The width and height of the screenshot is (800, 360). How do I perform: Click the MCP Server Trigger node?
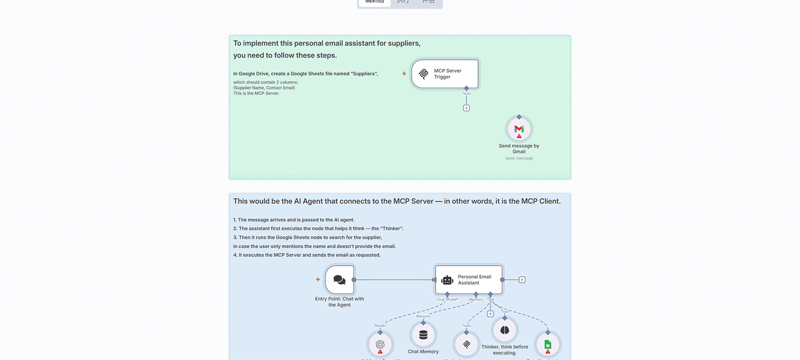pyautogui.click(x=445, y=74)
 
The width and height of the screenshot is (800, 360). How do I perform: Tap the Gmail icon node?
pyautogui.click(x=519, y=129)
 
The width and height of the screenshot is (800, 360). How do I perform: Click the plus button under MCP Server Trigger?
pyautogui.click(x=466, y=108)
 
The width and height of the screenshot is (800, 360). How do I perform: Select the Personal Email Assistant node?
pyautogui.click(x=469, y=280)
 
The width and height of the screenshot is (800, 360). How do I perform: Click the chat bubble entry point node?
pyautogui.click(x=340, y=280)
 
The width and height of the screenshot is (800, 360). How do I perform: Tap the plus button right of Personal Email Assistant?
pyautogui.click(x=522, y=280)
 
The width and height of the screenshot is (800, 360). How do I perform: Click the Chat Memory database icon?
pyautogui.click(x=423, y=335)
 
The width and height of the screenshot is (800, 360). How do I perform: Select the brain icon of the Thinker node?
pyautogui.click(x=505, y=330)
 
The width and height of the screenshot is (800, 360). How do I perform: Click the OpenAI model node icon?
pyautogui.click(x=380, y=344)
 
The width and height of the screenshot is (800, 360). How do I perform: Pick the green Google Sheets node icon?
pyautogui.click(x=548, y=344)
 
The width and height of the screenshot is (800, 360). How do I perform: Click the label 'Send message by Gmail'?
pyautogui.click(x=519, y=149)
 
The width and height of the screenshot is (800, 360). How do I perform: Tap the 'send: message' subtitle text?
pyautogui.click(x=519, y=158)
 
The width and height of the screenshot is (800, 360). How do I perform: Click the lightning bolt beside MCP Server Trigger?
pyautogui.click(x=404, y=74)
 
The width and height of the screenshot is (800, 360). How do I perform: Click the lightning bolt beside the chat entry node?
pyautogui.click(x=318, y=280)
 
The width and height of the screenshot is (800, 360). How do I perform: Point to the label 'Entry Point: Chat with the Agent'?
pyautogui.click(x=340, y=302)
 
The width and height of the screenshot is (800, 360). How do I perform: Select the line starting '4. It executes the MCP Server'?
pyautogui.click(x=307, y=255)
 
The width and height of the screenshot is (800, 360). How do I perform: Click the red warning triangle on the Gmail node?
pyautogui.click(x=519, y=136)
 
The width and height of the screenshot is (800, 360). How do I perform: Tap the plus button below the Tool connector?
pyautogui.click(x=490, y=314)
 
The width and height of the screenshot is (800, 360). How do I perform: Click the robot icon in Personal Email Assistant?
pyautogui.click(x=447, y=280)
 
